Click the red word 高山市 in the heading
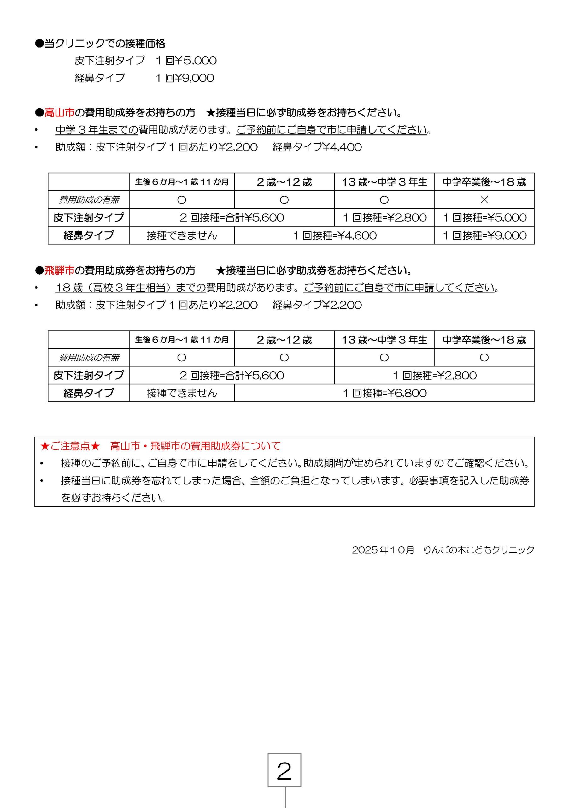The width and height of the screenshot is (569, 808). click(59, 113)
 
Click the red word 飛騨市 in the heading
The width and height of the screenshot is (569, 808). click(59, 270)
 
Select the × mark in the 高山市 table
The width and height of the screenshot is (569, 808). click(484, 200)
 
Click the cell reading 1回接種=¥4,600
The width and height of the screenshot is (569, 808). click(334, 235)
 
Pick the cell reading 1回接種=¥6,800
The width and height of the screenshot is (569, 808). click(384, 393)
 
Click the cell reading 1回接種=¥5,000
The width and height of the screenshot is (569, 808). click(484, 217)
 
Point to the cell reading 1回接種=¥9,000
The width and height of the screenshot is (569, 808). click(484, 235)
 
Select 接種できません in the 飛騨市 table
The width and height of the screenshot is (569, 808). click(182, 393)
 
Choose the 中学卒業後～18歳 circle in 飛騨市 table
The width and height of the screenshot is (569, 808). click(484, 358)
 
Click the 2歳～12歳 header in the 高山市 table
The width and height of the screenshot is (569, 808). click(284, 182)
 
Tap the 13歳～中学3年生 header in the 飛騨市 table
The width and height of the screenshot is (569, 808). click(384, 340)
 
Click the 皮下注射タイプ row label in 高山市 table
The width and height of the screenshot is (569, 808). click(89, 217)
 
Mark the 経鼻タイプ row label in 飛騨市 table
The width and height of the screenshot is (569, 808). click(89, 393)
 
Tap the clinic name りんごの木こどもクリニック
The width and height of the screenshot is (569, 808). click(478, 550)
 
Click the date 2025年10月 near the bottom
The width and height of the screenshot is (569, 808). click(383, 550)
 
